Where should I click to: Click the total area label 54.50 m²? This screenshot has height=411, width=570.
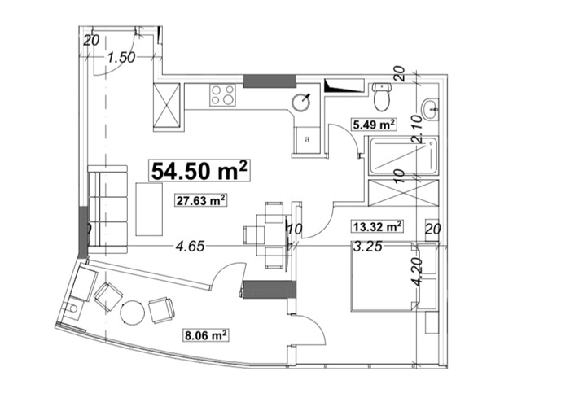tap(199, 170)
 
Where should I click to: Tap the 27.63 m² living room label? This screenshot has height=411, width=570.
tap(200, 200)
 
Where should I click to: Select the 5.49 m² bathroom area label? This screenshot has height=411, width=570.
tap(374, 125)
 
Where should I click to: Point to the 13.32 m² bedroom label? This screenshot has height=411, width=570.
tap(377, 226)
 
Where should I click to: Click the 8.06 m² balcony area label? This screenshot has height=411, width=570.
tap(206, 335)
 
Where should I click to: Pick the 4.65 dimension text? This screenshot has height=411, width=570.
tap(190, 247)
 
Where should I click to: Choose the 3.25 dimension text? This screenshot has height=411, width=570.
tap(368, 247)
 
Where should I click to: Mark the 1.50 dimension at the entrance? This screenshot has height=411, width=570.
tap(121, 58)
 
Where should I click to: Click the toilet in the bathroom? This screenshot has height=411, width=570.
tap(381, 96)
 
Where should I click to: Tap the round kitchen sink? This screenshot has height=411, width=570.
tap(301, 102)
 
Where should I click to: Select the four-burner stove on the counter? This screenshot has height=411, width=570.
tap(222, 95)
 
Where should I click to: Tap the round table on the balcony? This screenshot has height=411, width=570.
tap(133, 313)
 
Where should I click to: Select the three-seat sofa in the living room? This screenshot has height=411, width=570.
tap(107, 209)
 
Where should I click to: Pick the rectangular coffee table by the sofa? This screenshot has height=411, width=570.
tap(149, 209)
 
